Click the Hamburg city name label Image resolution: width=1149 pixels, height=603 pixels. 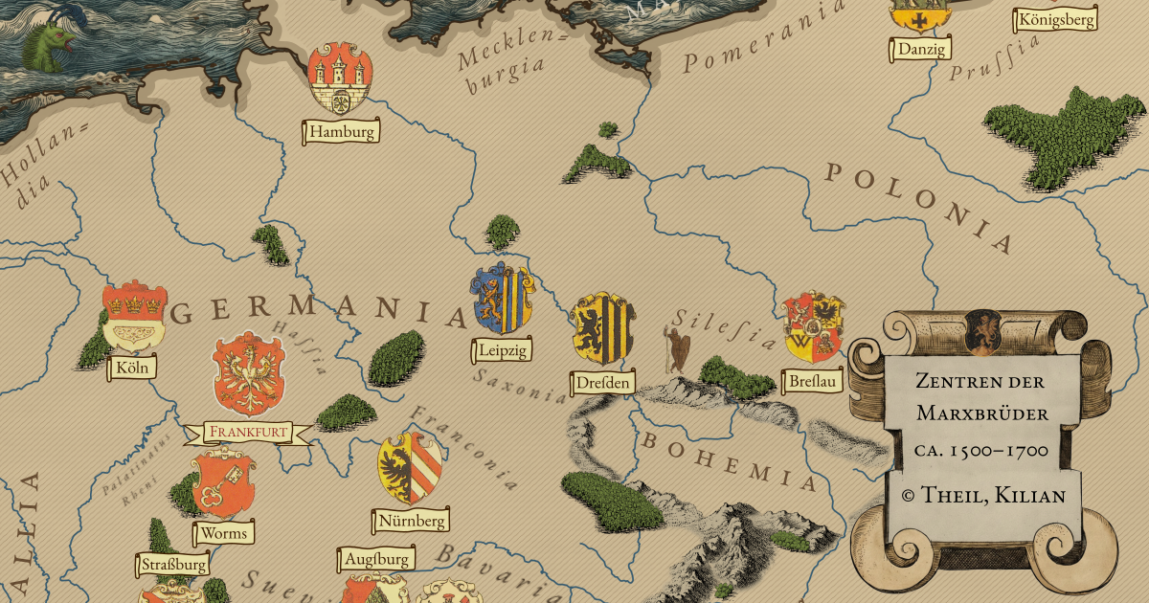point(342,132)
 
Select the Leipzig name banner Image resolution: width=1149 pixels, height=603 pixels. point(501,350)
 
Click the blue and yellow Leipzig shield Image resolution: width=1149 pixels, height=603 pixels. point(503,299)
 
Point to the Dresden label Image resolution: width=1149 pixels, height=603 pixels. point(603,383)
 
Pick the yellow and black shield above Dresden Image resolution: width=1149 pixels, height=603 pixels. point(602,326)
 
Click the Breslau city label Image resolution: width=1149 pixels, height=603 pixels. point(812,381)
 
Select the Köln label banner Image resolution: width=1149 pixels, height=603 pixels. point(134,368)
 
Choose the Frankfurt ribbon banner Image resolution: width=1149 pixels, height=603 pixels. point(248,433)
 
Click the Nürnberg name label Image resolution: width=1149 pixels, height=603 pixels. point(410,521)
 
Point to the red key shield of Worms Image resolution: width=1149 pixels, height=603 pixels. point(222,483)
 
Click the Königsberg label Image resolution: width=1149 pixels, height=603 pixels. point(1056,19)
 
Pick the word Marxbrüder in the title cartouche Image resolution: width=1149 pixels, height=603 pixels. point(982,413)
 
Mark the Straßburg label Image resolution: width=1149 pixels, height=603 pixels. point(173,564)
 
